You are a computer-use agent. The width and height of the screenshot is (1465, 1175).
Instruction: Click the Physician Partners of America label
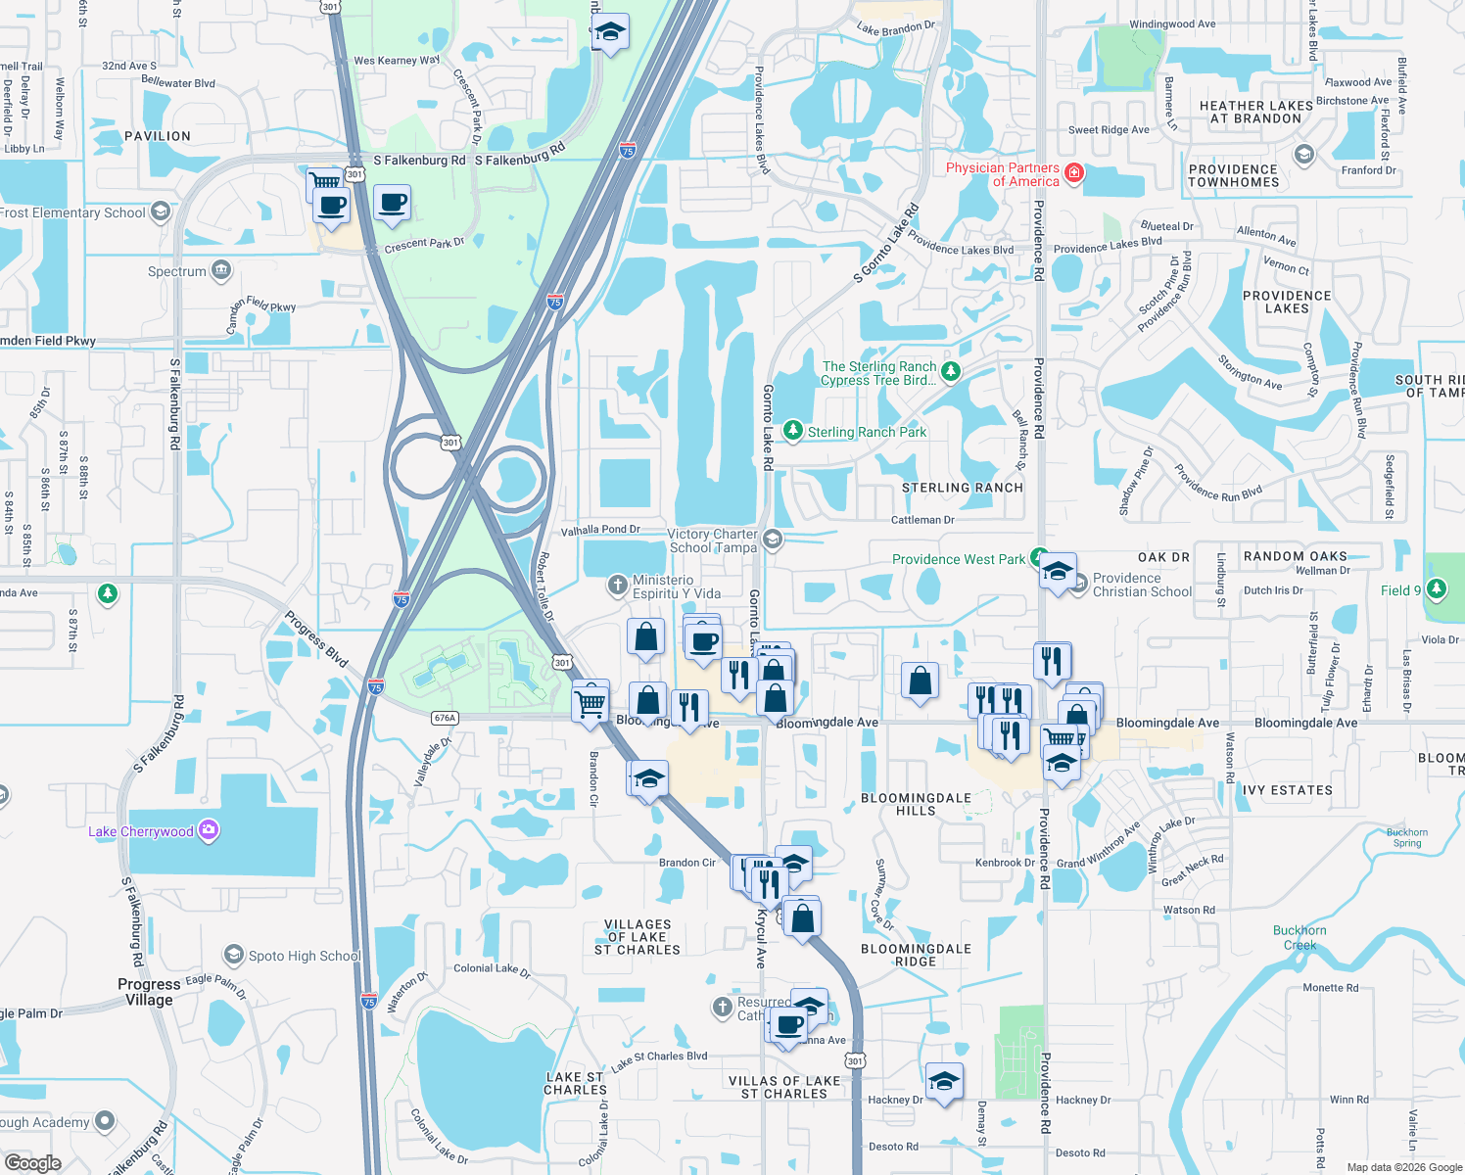(x=1002, y=174)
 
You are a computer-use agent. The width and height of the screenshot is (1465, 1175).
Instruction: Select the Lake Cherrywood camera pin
(x=208, y=830)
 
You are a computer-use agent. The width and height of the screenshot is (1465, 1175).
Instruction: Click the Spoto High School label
(x=304, y=956)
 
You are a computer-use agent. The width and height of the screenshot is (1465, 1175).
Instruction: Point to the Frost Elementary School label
(x=72, y=212)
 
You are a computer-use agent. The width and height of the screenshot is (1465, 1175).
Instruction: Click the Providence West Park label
(x=958, y=559)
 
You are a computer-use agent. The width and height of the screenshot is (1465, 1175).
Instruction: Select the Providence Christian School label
(x=1142, y=585)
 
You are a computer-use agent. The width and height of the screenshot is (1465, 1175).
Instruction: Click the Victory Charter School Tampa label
(x=713, y=540)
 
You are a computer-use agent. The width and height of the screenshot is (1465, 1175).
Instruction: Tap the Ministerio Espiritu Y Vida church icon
(x=617, y=586)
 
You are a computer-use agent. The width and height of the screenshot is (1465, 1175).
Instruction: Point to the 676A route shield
(x=445, y=718)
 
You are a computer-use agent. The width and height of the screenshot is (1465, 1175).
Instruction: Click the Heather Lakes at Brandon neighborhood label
(x=1255, y=112)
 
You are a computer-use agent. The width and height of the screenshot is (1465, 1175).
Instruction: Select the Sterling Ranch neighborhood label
(x=962, y=488)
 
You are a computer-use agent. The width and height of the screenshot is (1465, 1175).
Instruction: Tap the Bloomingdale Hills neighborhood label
(x=916, y=804)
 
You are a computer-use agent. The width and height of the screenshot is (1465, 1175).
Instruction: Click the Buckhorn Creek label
(x=1300, y=937)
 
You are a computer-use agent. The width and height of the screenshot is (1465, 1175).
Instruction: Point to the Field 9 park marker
(x=1437, y=589)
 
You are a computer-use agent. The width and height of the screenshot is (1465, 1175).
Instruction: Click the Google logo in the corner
(x=32, y=1162)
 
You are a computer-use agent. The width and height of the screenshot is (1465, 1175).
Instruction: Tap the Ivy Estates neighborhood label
(x=1287, y=790)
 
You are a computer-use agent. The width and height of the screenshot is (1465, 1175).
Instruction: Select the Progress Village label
(x=149, y=992)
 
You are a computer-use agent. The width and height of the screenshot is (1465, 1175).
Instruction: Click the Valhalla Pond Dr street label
(x=599, y=530)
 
